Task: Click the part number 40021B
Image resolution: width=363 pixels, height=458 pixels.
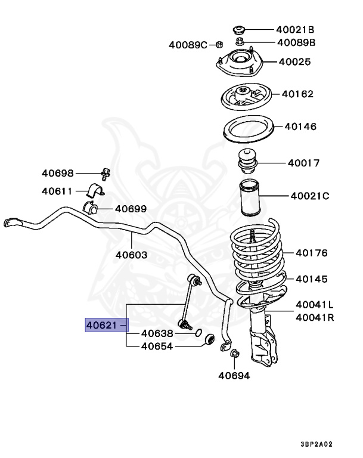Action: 295,29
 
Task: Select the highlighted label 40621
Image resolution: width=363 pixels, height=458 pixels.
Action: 101,325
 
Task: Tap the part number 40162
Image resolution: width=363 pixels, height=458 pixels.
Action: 297,94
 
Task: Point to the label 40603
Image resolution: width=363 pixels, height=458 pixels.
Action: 131,255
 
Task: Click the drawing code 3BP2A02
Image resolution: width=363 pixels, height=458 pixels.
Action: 317,444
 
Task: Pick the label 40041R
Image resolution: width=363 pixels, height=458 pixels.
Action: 315,317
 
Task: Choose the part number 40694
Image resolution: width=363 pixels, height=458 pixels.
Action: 234,376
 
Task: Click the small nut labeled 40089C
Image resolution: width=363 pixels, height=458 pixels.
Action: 219,45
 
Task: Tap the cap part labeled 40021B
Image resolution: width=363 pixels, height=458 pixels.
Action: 238,29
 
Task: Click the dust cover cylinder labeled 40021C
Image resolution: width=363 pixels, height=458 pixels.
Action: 250,198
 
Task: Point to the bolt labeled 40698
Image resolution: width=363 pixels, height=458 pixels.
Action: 105,175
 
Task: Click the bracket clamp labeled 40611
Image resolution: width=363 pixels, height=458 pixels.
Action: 95,190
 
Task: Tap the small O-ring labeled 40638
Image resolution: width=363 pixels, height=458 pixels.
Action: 198,332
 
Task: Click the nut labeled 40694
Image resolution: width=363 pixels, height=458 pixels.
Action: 234,354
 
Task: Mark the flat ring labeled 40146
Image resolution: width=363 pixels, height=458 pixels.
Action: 249,129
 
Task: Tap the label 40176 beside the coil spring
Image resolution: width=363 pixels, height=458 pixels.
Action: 312,253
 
